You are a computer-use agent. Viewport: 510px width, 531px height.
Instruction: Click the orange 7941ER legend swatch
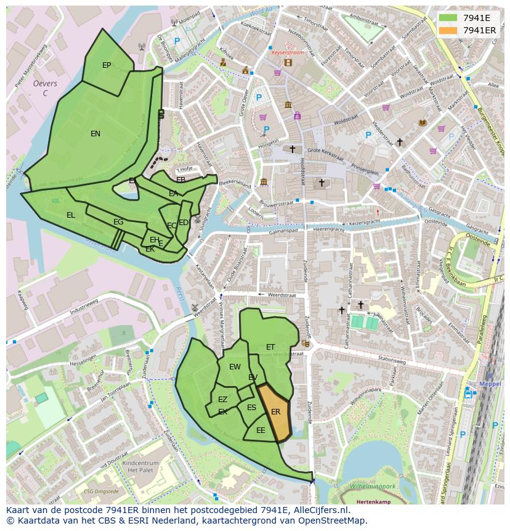[x=449, y=30]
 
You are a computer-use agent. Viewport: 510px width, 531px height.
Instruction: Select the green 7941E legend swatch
[x=449, y=18]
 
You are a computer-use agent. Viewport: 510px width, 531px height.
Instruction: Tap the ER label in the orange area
[x=275, y=411]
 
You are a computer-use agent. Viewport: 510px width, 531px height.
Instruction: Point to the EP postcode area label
[x=107, y=65]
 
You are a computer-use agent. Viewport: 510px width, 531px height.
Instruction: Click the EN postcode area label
[x=95, y=134]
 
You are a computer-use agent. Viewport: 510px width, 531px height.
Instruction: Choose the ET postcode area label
[x=270, y=347]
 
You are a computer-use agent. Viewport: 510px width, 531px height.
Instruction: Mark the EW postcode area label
[x=235, y=367]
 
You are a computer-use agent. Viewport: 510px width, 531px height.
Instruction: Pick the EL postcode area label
[x=71, y=215]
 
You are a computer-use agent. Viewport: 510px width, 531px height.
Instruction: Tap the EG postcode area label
[x=118, y=222]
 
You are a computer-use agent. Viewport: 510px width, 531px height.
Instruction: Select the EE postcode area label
[x=261, y=430]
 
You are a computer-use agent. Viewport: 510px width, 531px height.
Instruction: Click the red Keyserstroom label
[x=288, y=53]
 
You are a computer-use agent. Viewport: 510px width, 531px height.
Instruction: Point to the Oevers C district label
[x=45, y=88]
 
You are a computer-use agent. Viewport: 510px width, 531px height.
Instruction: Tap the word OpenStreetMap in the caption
[x=335, y=521]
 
